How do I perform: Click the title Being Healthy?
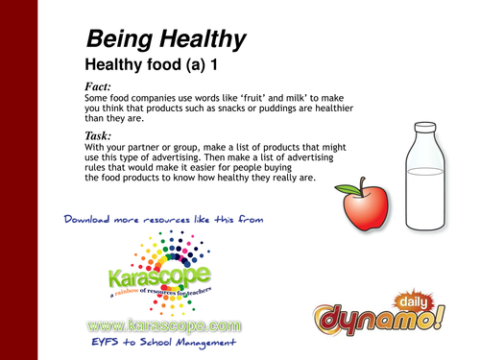click(x=165, y=39)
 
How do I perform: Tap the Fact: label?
click(x=102, y=88)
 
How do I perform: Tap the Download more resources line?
click(x=165, y=220)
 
